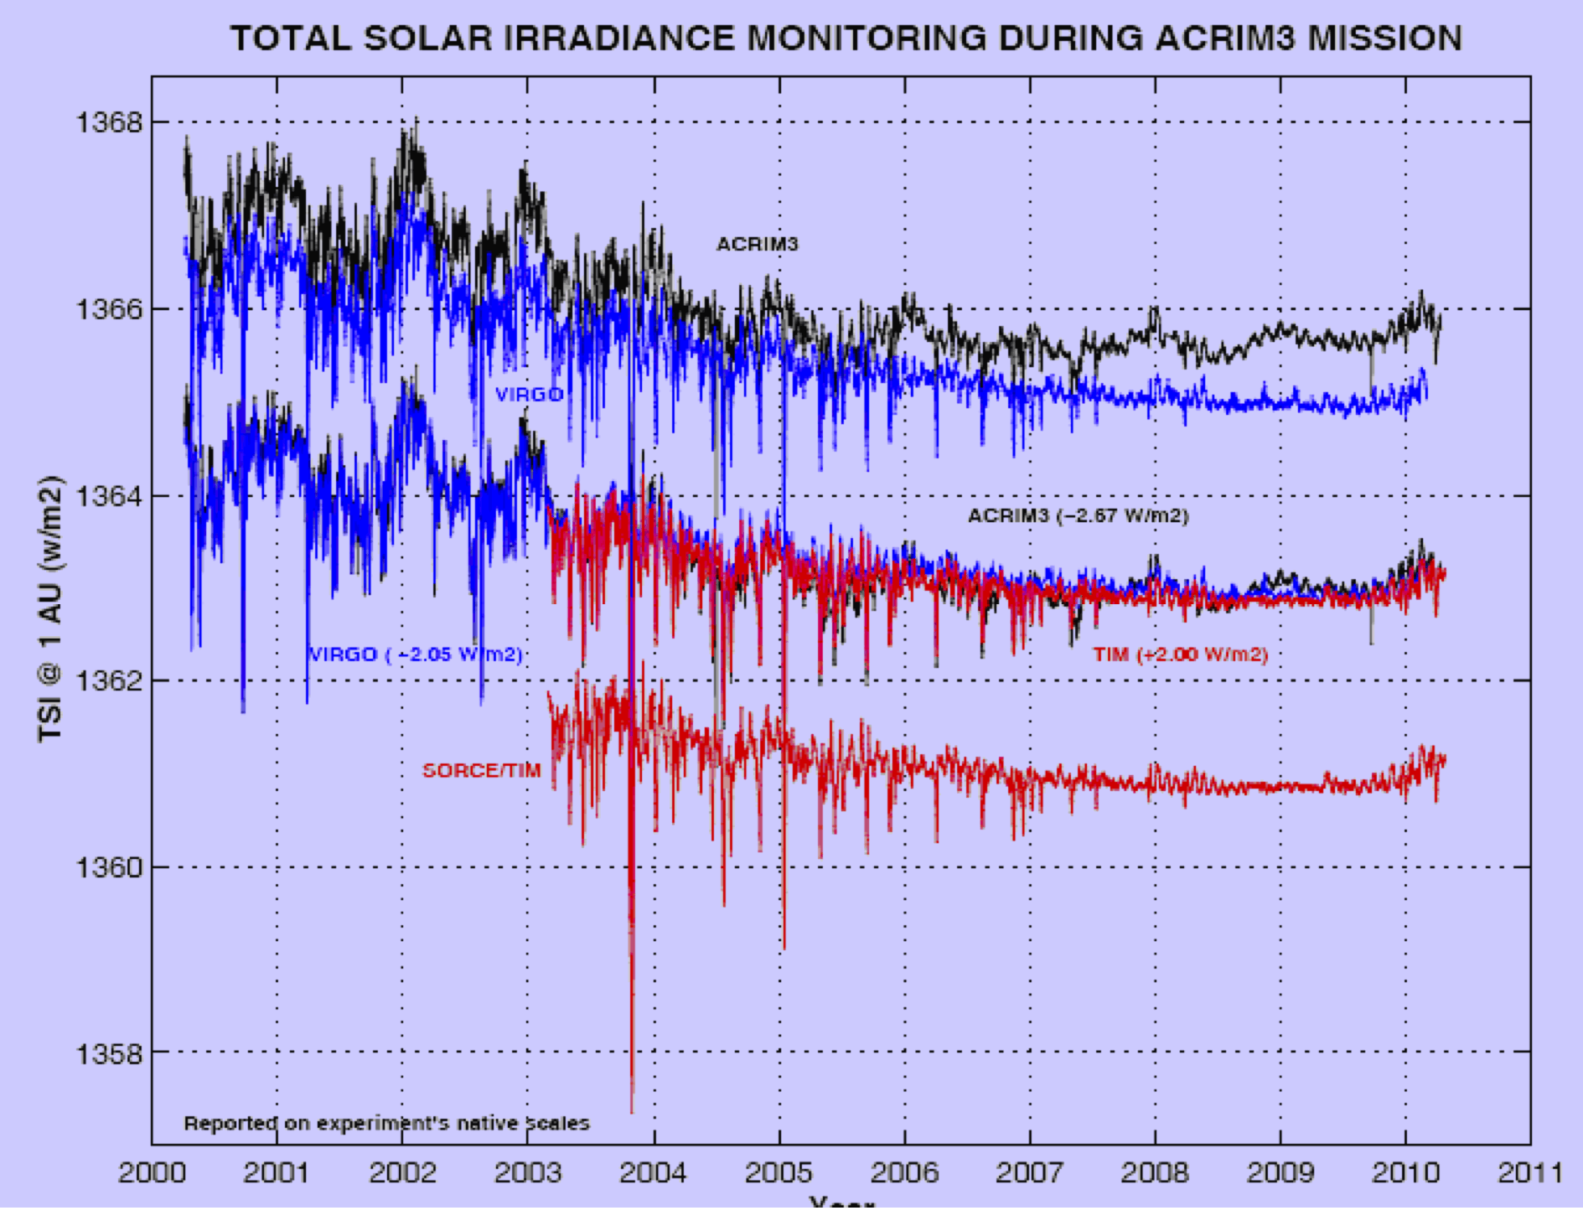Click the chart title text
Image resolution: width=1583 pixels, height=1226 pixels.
pyautogui.click(x=846, y=39)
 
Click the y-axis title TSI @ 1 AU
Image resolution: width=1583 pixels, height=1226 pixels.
pyautogui.click(x=50, y=608)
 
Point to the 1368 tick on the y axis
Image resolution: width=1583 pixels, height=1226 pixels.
pyautogui.click(x=110, y=122)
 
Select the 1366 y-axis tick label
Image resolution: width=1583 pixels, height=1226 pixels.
pyautogui.click(x=110, y=309)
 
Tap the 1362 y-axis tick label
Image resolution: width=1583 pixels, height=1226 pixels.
pyautogui.click(x=110, y=680)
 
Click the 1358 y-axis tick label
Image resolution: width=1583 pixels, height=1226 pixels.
pyautogui.click(x=110, y=1053)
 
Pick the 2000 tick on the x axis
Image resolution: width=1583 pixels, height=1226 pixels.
pyautogui.click(x=152, y=1172)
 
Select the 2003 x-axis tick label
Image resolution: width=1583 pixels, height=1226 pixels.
pyautogui.click(x=528, y=1172)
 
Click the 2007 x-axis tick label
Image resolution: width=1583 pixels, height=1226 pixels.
pyautogui.click(x=1029, y=1172)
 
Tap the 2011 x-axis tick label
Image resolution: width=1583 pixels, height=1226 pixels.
pyautogui.click(x=1530, y=1172)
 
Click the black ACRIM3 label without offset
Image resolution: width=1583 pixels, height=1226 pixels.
pyautogui.click(x=757, y=244)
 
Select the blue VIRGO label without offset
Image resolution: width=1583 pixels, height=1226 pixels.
pyautogui.click(x=529, y=394)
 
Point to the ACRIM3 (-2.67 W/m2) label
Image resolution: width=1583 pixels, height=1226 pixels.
pyautogui.click(x=1078, y=515)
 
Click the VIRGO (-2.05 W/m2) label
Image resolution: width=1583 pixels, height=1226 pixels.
pyautogui.click(x=416, y=654)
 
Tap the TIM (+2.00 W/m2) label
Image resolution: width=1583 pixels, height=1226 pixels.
pyautogui.click(x=1180, y=654)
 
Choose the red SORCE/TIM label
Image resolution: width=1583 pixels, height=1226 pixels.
pyautogui.click(x=481, y=770)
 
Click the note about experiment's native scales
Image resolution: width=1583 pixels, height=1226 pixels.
pyautogui.click(x=386, y=1123)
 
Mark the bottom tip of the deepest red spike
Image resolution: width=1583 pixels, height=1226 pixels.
pyautogui.click(x=632, y=1112)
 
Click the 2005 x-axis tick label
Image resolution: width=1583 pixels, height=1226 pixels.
pyautogui.click(x=779, y=1172)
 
